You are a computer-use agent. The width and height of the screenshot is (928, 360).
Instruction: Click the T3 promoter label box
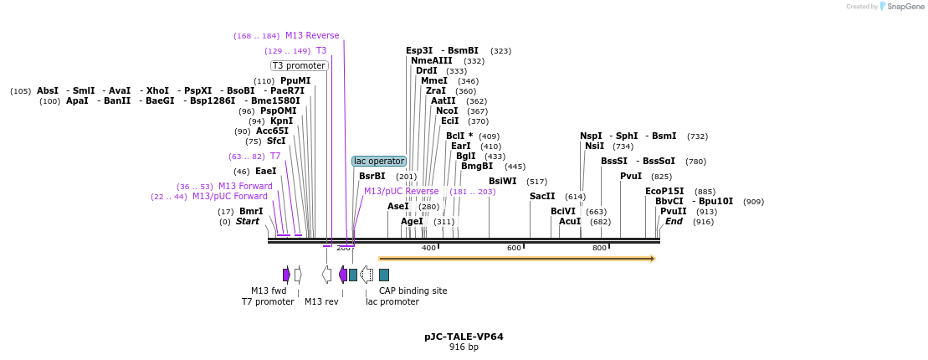pyautogui.click(x=300, y=65)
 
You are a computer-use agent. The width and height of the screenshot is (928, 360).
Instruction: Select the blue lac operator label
pyautogui.click(x=379, y=161)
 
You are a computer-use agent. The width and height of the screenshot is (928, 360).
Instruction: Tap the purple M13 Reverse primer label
pyautogui.click(x=312, y=35)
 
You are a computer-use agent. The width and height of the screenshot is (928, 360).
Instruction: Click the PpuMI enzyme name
pyautogui.click(x=295, y=81)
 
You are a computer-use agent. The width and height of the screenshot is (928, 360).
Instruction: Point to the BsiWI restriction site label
pyautogui.click(x=503, y=181)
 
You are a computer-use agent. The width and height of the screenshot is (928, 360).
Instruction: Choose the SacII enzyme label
pyautogui.click(x=542, y=196)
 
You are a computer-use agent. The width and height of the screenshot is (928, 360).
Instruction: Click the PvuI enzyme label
pyautogui.click(x=631, y=176)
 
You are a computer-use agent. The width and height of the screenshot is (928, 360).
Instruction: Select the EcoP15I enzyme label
pyautogui.click(x=664, y=191)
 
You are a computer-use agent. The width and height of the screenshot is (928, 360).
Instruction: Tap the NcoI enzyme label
pyautogui.click(x=447, y=111)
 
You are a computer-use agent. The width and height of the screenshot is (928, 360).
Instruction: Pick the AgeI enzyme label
pyautogui.click(x=412, y=222)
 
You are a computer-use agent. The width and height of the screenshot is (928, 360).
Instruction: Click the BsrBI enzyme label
pyautogui.click(x=372, y=176)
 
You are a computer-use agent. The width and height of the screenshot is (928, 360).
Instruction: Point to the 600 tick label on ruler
pyautogui.click(x=514, y=248)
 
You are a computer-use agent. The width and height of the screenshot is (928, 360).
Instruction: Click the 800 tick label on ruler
pyautogui.click(x=599, y=248)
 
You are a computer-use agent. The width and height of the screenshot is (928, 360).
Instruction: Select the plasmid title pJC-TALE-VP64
pyautogui.click(x=464, y=337)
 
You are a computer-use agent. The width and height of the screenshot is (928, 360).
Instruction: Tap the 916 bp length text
pyautogui.click(x=464, y=347)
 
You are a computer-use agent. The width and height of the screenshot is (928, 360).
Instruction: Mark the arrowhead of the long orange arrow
pyautogui.click(x=651, y=259)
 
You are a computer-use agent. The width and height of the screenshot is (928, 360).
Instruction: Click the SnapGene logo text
pyautogui.click(x=904, y=7)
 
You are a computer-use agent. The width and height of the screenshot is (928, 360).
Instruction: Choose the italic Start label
pyautogui.click(x=247, y=222)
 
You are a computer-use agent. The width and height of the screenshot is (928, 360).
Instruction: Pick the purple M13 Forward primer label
pyautogui.click(x=245, y=186)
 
